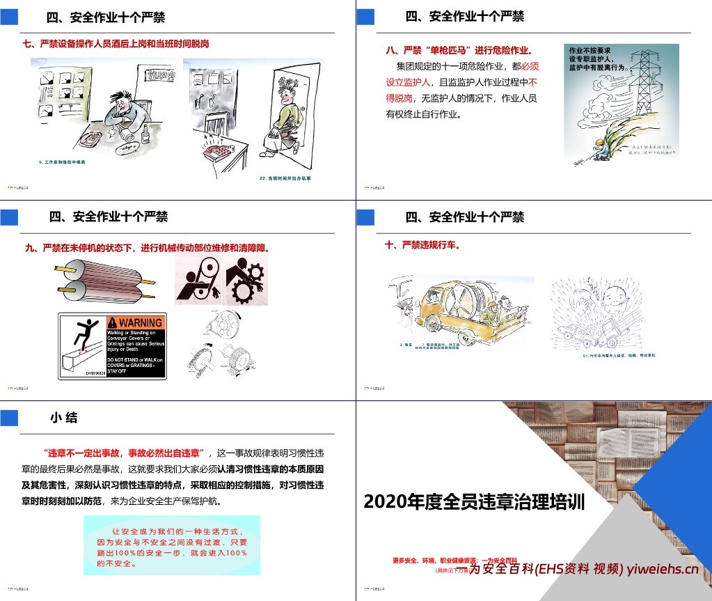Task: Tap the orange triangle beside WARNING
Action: (x=112, y=322)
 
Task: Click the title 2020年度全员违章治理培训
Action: (x=473, y=501)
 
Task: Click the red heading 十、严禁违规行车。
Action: (x=422, y=245)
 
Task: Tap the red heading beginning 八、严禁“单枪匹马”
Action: (x=459, y=50)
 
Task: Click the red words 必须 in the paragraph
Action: (x=530, y=66)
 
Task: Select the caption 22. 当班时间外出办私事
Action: (x=285, y=178)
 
